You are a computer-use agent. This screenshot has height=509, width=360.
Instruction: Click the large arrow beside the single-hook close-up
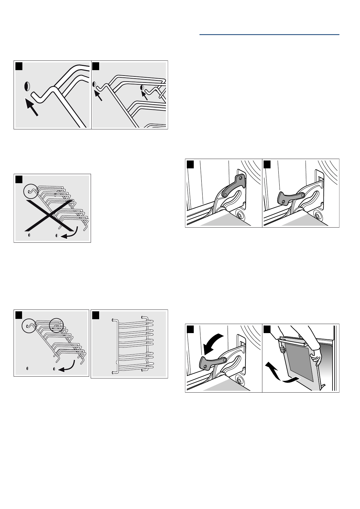coord(32,108)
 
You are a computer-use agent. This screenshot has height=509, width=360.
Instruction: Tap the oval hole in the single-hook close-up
coord(27,86)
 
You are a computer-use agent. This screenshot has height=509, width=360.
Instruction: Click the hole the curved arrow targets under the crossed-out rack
coord(56,235)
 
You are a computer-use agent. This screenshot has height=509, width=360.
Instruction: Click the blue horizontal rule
coord(269,35)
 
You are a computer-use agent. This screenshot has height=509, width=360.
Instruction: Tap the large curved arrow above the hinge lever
coord(213,343)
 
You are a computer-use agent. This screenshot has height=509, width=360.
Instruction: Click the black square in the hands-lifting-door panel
coord(267,329)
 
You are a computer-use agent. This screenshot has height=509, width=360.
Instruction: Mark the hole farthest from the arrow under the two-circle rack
coord(28,368)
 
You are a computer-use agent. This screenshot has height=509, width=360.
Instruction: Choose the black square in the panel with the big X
coord(19,179)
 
